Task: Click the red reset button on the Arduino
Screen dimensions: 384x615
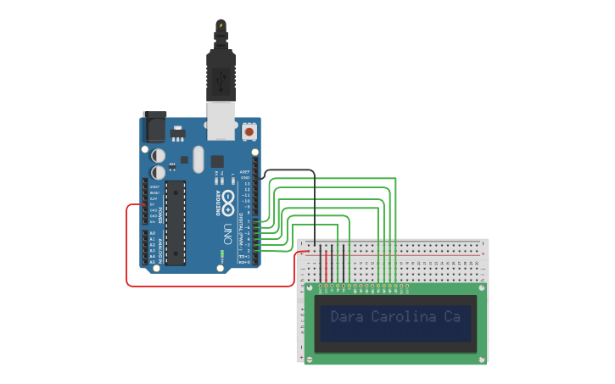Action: point(249,132)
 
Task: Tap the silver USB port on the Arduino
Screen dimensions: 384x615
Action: point(221,121)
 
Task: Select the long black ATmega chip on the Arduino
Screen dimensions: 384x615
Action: point(176,222)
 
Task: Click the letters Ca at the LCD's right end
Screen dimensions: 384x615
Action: point(451,317)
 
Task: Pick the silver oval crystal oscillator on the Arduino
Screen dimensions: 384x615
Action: point(198,159)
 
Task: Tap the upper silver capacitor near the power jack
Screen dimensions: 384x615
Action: point(159,155)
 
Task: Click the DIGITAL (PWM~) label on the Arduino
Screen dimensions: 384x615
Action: point(238,229)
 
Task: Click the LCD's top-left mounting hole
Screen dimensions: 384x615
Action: point(309,288)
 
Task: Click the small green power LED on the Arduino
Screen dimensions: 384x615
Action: point(221,253)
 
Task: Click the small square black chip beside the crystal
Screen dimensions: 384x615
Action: point(217,160)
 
